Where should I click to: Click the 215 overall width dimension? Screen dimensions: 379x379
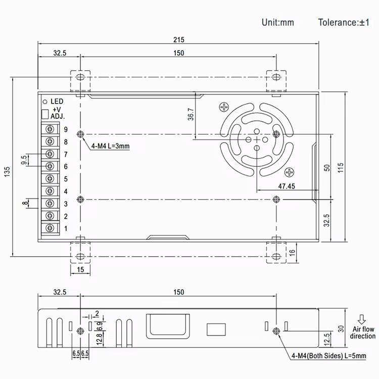pyautogui.click(x=178, y=39)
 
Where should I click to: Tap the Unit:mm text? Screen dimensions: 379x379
pyautogui.click(x=277, y=22)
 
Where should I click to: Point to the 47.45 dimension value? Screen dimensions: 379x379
pyautogui.click(x=287, y=186)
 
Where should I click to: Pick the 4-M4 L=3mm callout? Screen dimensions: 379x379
pyautogui.click(x=111, y=147)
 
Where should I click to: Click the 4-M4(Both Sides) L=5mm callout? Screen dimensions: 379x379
pyautogui.click(x=328, y=356)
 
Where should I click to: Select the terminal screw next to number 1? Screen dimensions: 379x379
pyautogui.click(x=50, y=228)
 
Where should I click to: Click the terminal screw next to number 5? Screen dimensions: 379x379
pyautogui.click(x=50, y=179)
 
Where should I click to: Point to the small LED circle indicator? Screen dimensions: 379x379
pyautogui.click(x=44, y=101)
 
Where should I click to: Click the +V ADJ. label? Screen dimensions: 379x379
pyautogui.click(x=56, y=113)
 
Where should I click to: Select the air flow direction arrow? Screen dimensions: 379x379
pyautogui.click(x=362, y=319)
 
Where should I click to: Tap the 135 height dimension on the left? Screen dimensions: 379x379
pyautogui.click(x=7, y=172)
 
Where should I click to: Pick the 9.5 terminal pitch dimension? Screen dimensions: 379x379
pyautogui.click(x=24, y=160)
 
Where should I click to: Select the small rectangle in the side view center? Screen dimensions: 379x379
pyautogui.click(x=216, y=329)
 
